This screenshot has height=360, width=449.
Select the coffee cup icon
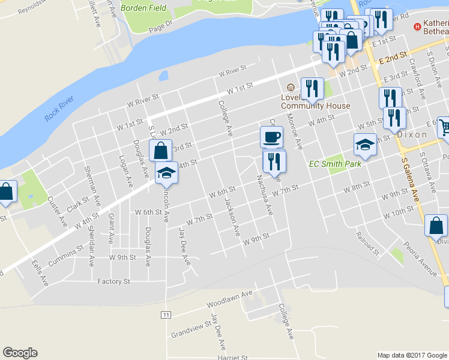point(271,137)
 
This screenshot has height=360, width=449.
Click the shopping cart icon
point(444,127)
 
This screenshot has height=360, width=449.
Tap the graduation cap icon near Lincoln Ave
point(166,173)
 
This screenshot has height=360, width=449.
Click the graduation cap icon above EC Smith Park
point(365,145)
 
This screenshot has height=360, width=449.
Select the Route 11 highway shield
point(166,314)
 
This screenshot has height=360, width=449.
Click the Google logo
point(20,353)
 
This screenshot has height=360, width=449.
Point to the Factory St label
point(114,281)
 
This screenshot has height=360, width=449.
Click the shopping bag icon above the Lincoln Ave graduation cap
point(160,151)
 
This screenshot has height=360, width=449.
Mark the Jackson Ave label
point(232,214)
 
